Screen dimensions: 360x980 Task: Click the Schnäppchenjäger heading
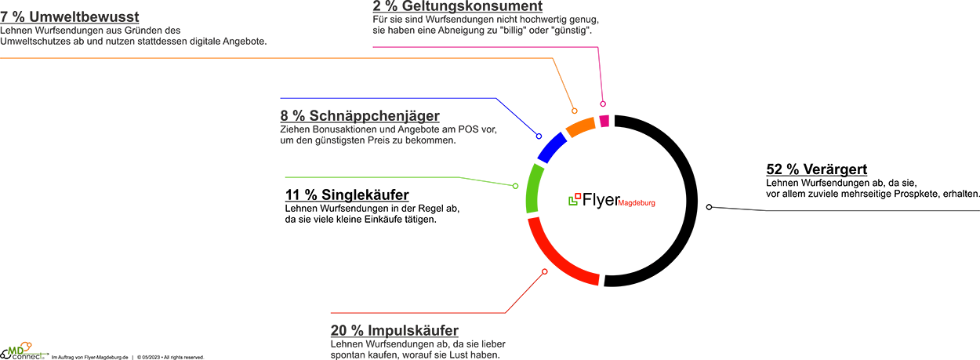coord(357,115)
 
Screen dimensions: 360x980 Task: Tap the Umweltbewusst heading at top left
coord(71,17)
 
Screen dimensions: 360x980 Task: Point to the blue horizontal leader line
coord(384,97)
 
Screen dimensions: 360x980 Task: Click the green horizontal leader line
coord(384,179)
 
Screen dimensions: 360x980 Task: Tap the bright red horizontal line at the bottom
coord(416,311)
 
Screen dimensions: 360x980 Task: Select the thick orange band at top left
coord(235,63)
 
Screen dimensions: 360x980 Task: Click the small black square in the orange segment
coord(580,116)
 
